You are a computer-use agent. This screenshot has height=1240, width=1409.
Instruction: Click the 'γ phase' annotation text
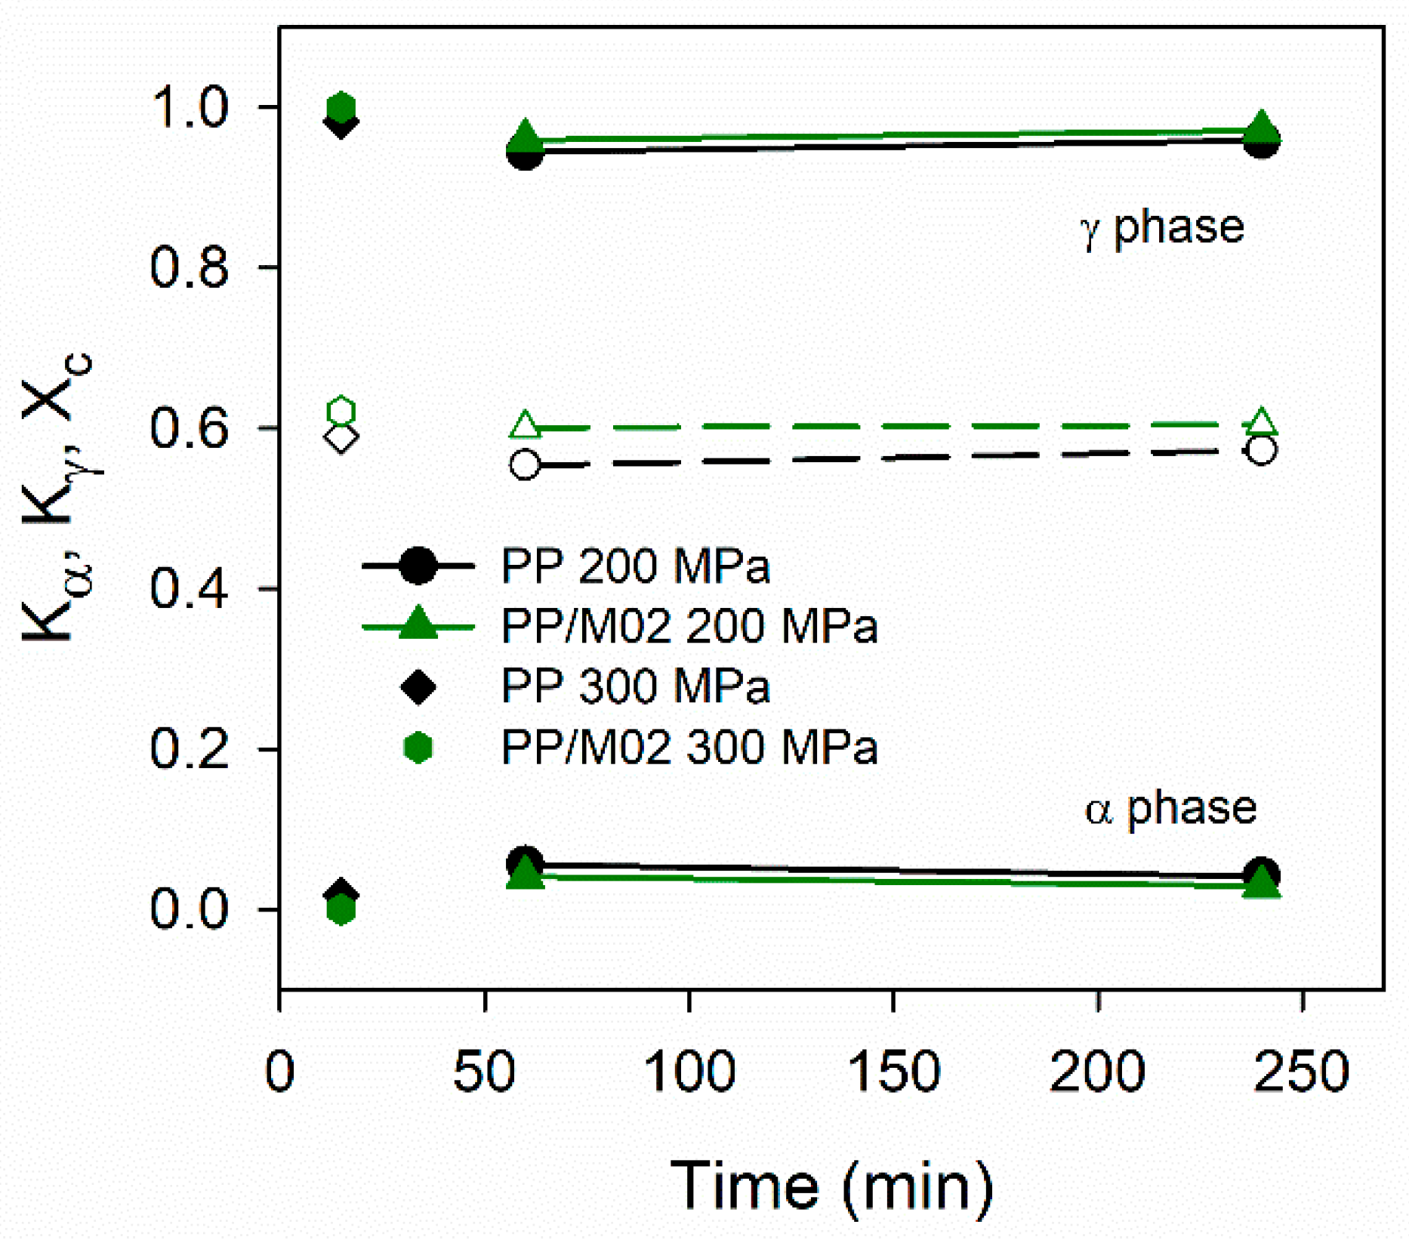tap(1163, 227)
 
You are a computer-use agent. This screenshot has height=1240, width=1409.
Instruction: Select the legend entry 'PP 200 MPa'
tap(634, 566)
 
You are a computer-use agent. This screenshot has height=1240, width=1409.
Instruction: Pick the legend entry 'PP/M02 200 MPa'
tap(689, 626)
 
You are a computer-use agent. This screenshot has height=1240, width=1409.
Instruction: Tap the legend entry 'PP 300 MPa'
tap(634, 686)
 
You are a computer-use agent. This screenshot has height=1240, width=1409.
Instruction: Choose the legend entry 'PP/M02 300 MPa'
tap(689, 748)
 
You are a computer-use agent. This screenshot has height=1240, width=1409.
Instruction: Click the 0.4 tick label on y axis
tap(189, 589)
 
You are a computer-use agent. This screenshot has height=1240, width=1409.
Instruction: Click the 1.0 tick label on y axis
tap(189, 107)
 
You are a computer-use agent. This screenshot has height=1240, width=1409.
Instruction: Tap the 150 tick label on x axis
tap(893, 1071)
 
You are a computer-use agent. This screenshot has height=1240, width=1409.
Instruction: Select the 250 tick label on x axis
tap(1301, 1071)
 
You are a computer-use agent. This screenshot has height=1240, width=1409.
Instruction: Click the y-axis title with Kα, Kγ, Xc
tap(57, 498)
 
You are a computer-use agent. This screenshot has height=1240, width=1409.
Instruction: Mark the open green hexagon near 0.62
tap(341, 412)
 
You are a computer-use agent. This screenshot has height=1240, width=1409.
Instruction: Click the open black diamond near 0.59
tap(341, 438)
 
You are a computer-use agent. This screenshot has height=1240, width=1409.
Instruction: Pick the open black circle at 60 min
tap(526, 464)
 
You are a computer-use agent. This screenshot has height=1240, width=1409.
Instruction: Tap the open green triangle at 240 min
tap(1261, 423)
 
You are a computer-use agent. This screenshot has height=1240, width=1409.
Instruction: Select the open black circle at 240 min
tap(1261, 451)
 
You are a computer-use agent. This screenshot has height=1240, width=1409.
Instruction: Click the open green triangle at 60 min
tap(526, 426)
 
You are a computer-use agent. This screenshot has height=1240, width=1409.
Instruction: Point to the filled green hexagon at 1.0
tap(341, 107)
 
